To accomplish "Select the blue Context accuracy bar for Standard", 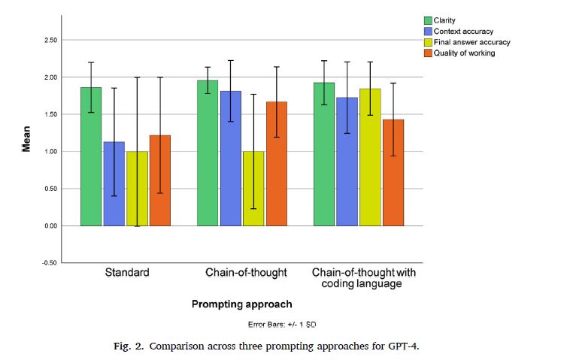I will click(114, 183).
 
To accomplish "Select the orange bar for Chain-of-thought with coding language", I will click(393, 172).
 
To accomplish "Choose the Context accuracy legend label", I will click(462, 31).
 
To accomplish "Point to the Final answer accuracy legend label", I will click(472, 42).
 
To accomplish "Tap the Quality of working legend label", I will click(464, 53).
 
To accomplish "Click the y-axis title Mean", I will click(26, 139).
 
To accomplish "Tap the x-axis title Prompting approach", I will click(241, 304).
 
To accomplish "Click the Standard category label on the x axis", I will click(126, 272).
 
